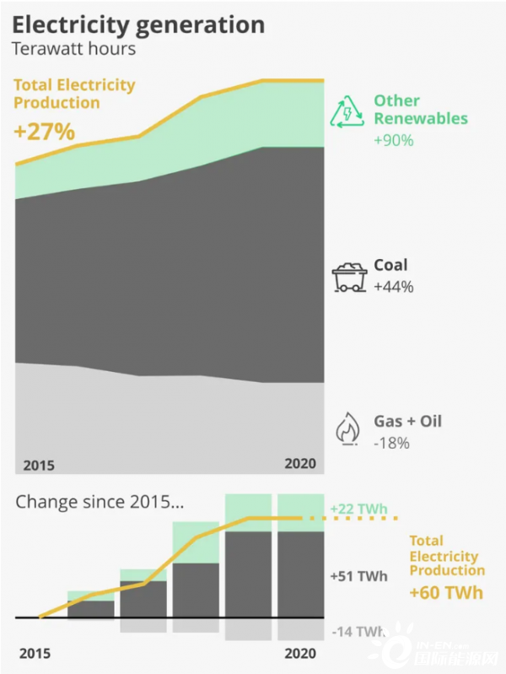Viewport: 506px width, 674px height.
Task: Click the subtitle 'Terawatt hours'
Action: pyautogui.click(x=73, y=48)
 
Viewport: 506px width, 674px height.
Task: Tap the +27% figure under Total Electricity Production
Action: pyautogui.click(x=45, y=132)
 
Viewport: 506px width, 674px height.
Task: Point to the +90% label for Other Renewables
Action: pyautogui.click(x=394, y=140)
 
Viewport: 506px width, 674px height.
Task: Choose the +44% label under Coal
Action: pyautogui.click(x=394, y=287)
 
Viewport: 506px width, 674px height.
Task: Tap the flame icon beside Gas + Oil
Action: pyautogui.click(x=347, y=429)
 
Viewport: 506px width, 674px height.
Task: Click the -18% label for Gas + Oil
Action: pyautogui.click(x=391, y=443)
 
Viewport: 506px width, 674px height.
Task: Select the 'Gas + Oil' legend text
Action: pyautogui.click(x=407, y=421)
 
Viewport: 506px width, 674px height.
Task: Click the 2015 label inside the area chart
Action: pyautogui.click(x=39, y=465)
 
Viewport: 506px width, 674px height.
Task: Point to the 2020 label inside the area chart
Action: pyautogui.click(x=300, y=463)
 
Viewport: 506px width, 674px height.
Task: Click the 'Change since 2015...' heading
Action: pyautogui.click(x=100, y=502)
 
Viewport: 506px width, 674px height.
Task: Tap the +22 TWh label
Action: pyautogui.click(x=359, y=509)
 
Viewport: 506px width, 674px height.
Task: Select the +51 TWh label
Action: pyautogui.click(x=359, y=576)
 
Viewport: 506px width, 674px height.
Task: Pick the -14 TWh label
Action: pyautogui.click(x=358, y=631)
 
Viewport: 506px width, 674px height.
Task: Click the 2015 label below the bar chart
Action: pyautogui.click(x=35, y=654)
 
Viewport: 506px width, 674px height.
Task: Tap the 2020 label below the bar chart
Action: pyautogui.click(x=300, y=653)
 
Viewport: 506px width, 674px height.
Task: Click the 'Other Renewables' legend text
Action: pyautogui.click(x=420, y=110)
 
